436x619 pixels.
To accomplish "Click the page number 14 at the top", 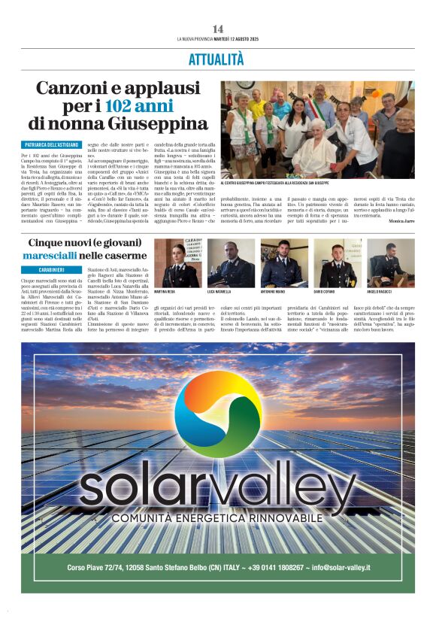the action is click(x=217, y=29).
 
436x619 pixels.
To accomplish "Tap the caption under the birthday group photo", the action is click(x=274, y=183).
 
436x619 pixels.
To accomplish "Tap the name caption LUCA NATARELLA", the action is click(x=223, y=291).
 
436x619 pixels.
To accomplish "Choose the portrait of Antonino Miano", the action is click(x=279, y=262).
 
